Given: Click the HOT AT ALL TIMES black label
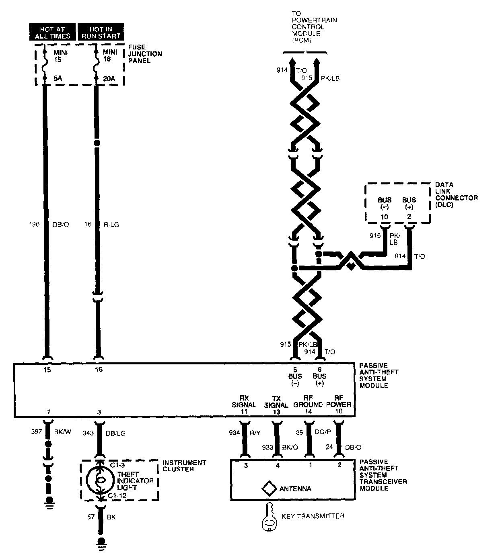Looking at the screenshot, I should tap(52, 33).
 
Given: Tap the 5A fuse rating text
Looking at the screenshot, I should tap(58, 78).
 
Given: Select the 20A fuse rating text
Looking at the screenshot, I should tap(109, 78).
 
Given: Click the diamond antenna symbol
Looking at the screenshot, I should tap(268, 489).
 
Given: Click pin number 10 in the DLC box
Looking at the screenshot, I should tap(385, 217).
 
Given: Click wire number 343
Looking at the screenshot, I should tap(88, 433).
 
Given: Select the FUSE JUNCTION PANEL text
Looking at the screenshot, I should tap(145, 54).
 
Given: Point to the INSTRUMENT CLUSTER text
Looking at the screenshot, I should tap(184, 466).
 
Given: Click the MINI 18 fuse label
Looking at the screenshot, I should tap(110, 55).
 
